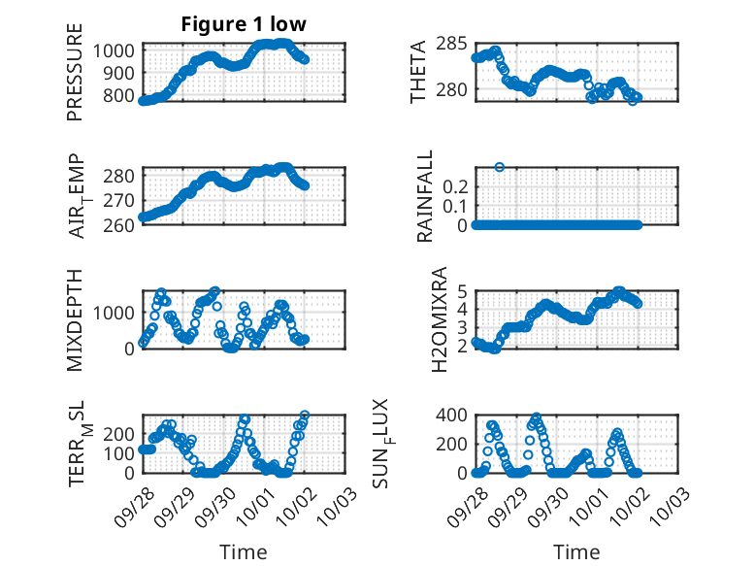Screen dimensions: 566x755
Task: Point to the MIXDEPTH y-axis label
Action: pyautogui.click(x=75, y=320)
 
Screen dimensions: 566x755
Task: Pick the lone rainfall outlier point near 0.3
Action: pyautogui.click(x=500, y=167)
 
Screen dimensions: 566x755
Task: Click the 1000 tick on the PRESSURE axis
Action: pyautogui.click(x=118, y=50)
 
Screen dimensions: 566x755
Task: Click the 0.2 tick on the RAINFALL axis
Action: pyautogui.click(x=456, y=184)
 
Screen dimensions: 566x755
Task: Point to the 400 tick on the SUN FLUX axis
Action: pyautogui.click(x=452, y=415)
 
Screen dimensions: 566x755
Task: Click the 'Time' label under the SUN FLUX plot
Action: pyautogui.click(x=576, y=551)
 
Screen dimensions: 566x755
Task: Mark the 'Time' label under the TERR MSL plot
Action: pyautogui.click(x=243, y=551)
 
